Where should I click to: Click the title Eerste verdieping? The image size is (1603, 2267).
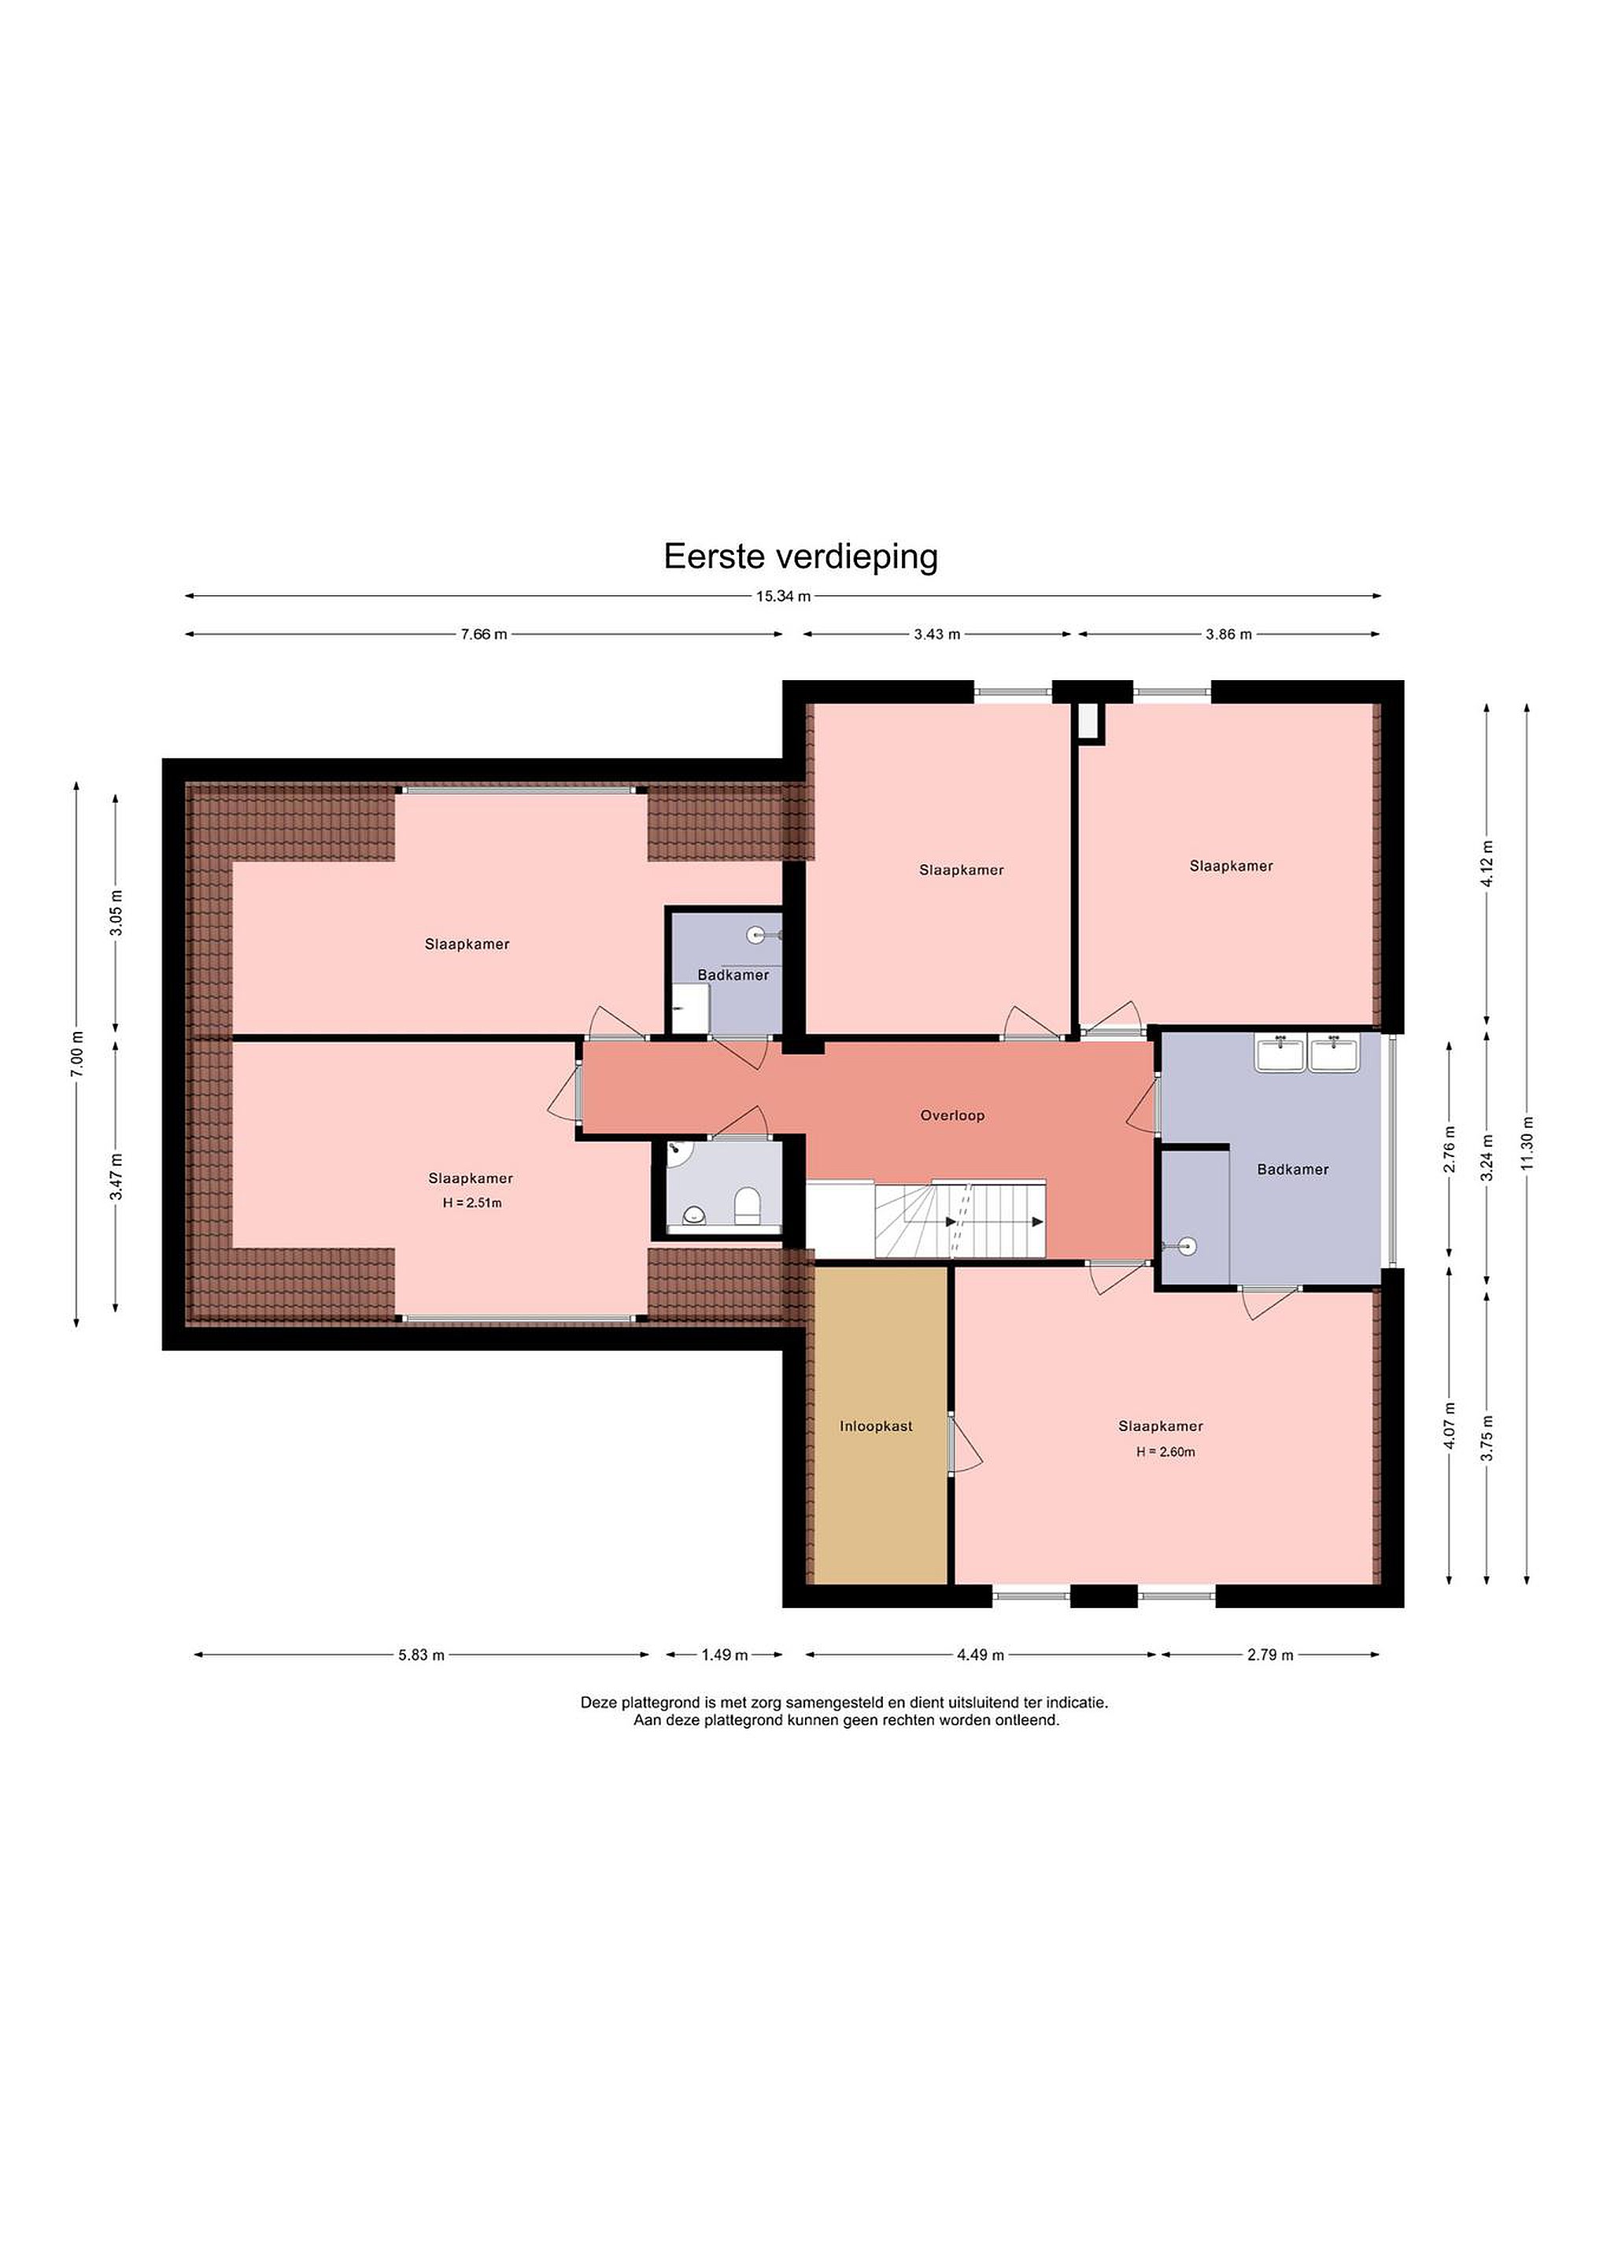pyautogui.click(x=800, y=557)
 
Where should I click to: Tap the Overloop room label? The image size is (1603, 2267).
pyautogui.click(x=952, y=1115)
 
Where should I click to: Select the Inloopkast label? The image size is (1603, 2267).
pyautogui.click(x=877, y=1426)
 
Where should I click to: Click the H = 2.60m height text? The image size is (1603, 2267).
pyautogui.click(x=1165, y=1452)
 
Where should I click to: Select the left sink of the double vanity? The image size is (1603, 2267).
pyautogui.click(x=1280, y=1052)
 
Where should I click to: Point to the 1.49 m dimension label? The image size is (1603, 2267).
pyautogui.click(x=725, y=1655)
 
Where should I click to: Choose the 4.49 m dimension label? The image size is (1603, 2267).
pyautogui.click(x=981, y=1655)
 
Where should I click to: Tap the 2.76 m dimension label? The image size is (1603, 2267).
pyautogui.click(x=1450, y=1149)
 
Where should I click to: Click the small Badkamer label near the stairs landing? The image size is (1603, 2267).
pyautogui.click(x=733, y=975)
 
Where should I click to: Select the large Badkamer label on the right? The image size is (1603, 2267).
pyautogui.click(x=1293, y=1170)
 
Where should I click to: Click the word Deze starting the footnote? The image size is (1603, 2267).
pyautogui.click(x=597, y=1703)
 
